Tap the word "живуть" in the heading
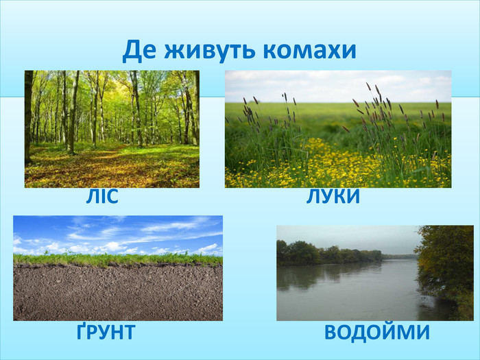point(210,51)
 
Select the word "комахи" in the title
point(310,51)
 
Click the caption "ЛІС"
point(102,196)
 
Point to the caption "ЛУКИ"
point(333,196)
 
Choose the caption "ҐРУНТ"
point(106,331)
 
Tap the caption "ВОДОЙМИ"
point(377,332)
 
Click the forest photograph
point(112,129)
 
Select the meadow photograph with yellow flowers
point(338,129)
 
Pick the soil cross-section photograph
point(118,268)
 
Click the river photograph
point(375,273)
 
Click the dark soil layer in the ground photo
point(118,293)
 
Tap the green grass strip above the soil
point(118,259)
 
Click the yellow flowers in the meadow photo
point(337,165)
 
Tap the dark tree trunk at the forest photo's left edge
point(29,117)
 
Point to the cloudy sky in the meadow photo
point(338,86)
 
